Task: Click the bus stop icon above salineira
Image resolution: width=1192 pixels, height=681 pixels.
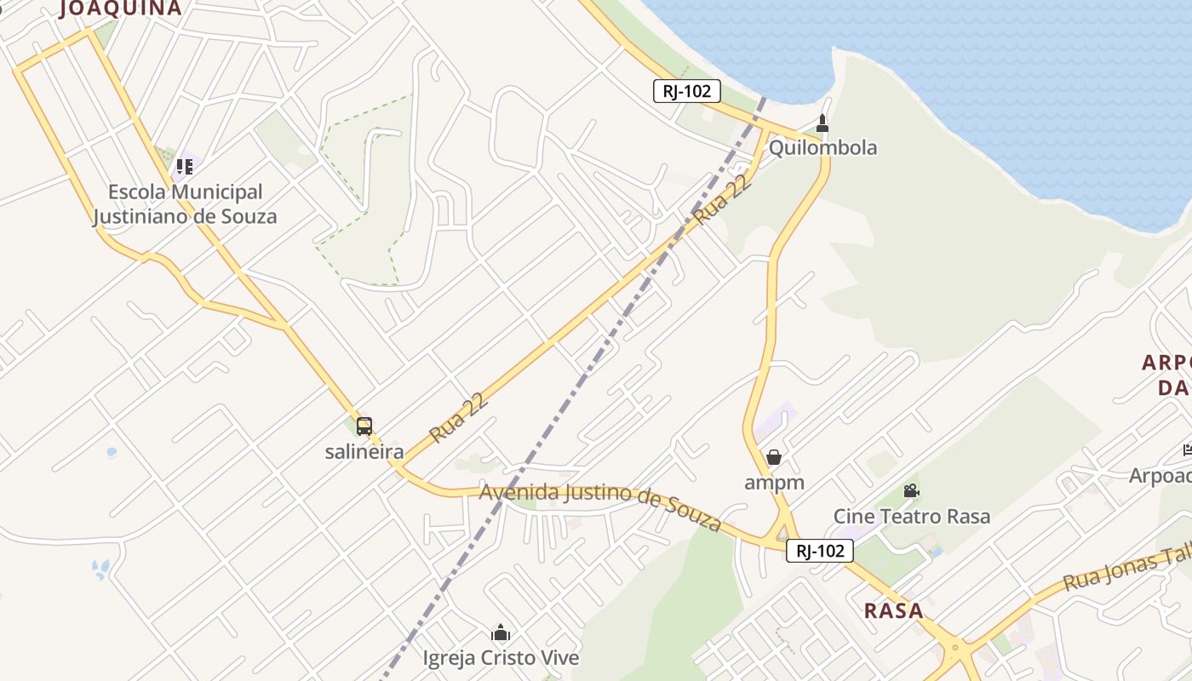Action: [364, 426]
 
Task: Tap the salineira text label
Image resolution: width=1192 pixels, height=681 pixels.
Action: [364, 451]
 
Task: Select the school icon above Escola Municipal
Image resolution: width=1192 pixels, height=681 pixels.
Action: [185, 166]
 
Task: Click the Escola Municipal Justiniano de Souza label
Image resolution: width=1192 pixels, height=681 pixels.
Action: [185, 204]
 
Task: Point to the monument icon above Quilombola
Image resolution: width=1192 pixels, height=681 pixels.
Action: [822, 123]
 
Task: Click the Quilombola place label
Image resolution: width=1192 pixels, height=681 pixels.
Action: [822, 147]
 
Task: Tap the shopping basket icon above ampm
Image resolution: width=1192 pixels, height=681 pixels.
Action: [773, 458]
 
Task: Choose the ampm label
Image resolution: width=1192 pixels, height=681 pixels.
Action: [774, 483]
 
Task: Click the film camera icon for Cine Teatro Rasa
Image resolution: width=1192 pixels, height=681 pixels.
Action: [911, 491]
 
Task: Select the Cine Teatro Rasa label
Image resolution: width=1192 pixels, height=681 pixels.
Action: [911, 516]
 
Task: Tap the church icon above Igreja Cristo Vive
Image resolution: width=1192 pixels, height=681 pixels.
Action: [501, 632]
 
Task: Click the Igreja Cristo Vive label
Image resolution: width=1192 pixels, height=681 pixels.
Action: [501, 657]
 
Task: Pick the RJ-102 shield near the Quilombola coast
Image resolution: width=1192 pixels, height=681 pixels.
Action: [687, 91]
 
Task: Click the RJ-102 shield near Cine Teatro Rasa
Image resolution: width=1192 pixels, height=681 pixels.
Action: [819, 551]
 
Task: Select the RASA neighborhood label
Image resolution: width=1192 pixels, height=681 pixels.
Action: [893, 610]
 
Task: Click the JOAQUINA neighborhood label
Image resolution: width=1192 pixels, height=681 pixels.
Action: [121, 9]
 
